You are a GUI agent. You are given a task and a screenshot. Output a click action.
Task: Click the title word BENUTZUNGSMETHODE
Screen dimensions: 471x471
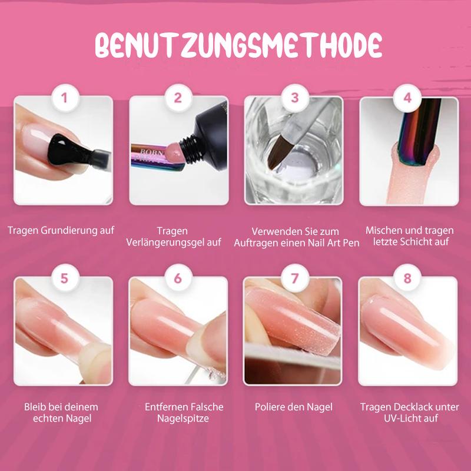238,45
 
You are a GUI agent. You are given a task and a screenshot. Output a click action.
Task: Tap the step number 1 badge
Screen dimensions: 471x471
64,98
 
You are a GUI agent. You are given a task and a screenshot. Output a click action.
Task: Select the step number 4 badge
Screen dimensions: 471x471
407,98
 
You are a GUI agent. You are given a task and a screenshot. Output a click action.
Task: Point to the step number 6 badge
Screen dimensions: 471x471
178,278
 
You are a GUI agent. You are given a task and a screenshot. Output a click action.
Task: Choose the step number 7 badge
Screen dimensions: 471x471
295,278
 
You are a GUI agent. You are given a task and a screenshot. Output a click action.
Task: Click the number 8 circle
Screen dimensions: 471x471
407,278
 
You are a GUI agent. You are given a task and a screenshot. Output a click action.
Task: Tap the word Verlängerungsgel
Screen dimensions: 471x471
165,243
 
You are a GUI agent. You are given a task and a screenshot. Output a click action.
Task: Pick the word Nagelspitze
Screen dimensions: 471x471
183,419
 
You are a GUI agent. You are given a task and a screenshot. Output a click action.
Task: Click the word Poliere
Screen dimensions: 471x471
270,407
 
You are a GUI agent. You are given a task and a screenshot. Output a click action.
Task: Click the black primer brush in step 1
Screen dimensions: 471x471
79,152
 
